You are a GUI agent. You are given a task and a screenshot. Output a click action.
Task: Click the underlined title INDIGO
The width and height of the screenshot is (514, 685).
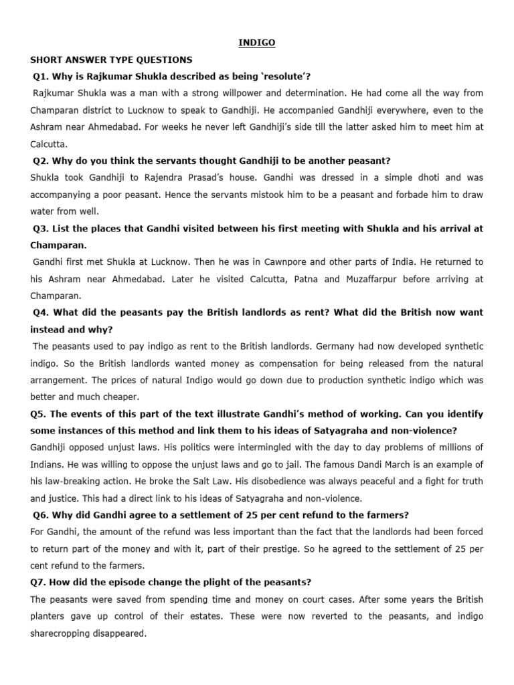[257, 43]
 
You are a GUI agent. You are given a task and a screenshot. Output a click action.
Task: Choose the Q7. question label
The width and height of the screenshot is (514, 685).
[41, 582]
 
